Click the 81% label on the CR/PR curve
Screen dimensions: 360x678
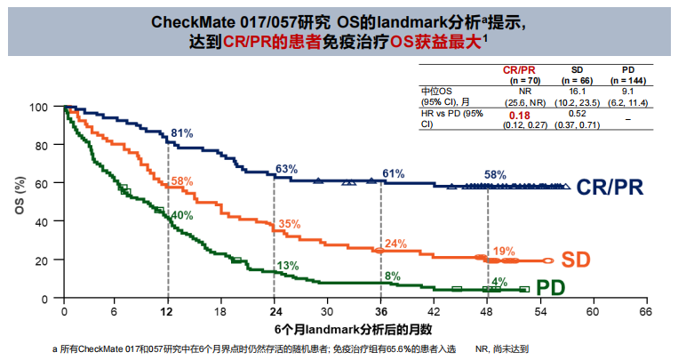(x=182, y=133)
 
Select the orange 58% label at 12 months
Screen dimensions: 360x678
(x=182, y=181)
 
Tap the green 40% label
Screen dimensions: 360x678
(x=182, y=215)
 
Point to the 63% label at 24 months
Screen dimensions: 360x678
(x=287, y=169)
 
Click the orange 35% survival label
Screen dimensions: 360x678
(x=290, y=225)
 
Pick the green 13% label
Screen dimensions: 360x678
(x=287, y=266)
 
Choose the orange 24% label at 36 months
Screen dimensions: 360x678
(x=395, y=244)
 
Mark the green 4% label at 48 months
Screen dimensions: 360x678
(x=500, y=282)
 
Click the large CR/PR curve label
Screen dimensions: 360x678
(x=609, y=188)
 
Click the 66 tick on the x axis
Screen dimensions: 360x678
(x=645, y=313)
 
